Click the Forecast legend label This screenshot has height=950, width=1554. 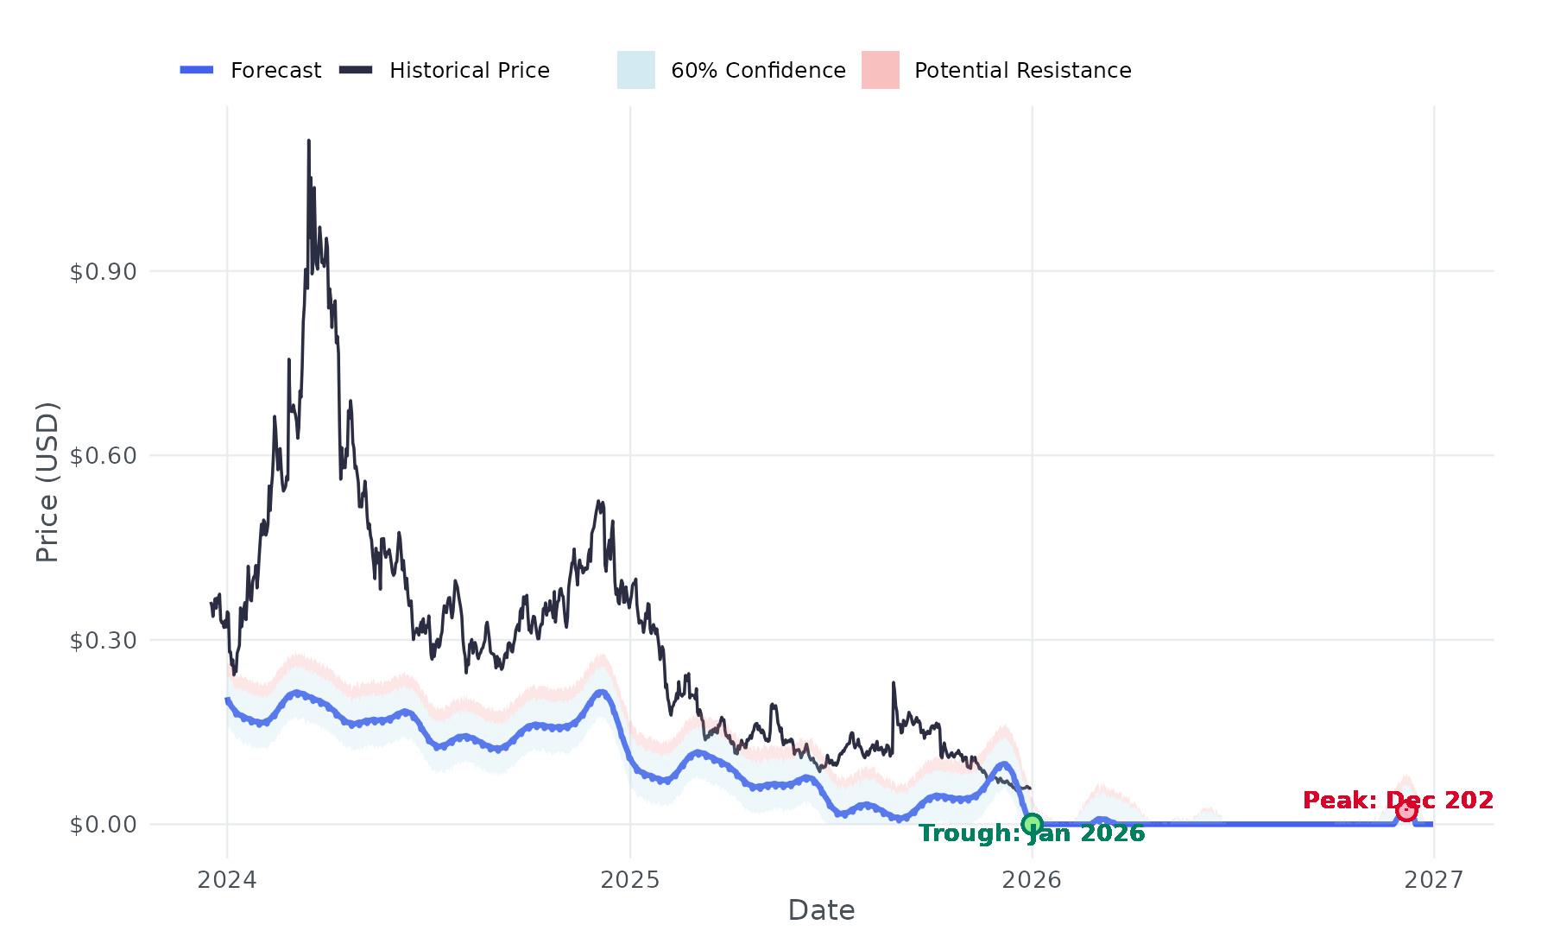(275, 70)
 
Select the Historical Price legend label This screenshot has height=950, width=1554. (469, 70)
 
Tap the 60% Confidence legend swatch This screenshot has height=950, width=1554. (636, 70)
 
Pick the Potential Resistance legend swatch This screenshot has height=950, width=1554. (881, 70)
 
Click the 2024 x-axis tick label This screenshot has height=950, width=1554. (227, 880)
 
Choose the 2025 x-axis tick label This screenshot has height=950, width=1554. (630, 880)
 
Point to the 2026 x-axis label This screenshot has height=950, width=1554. (1032, 880)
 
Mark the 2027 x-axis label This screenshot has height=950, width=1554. (1434, 880)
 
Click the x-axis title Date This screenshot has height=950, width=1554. (821, 910)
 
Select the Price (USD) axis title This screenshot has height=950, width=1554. (47, 482)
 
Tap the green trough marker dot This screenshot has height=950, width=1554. (1032, 824)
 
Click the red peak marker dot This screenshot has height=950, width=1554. (1406, 810)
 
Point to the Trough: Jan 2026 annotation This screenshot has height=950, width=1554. (1032, 833)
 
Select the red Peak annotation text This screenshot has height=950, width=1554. (1398, 801)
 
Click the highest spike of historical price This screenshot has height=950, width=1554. (308, 142)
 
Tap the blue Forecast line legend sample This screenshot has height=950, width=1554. (197, 70)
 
